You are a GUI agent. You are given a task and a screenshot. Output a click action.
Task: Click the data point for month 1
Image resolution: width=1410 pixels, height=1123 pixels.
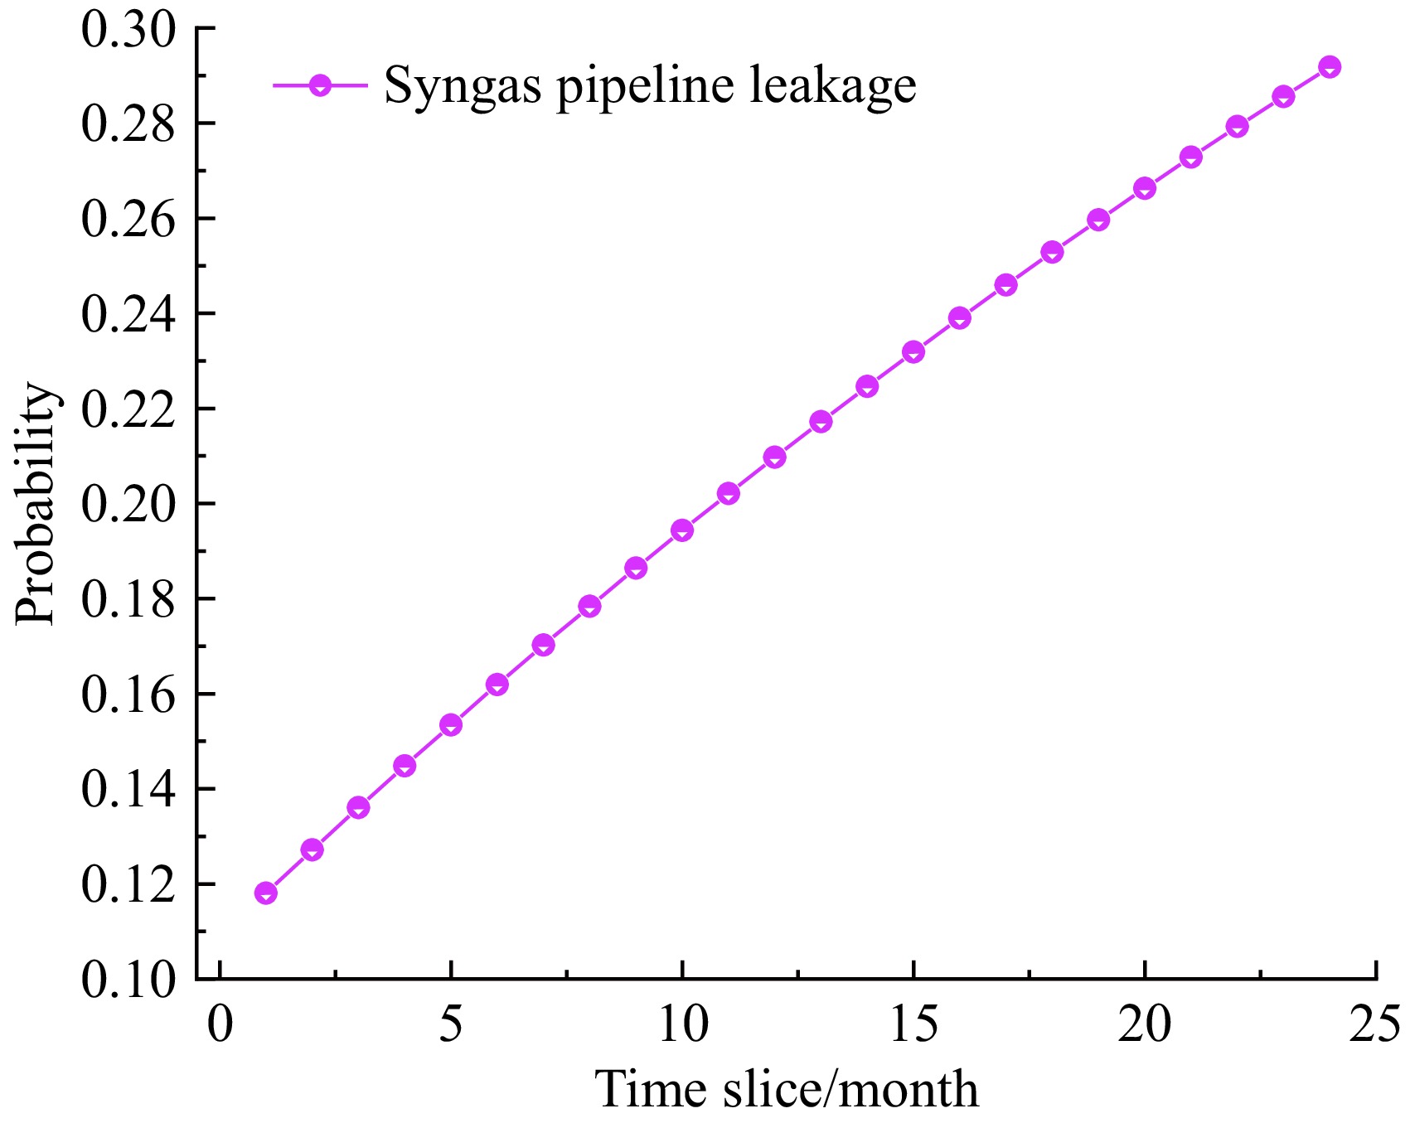click(x=266, y=893)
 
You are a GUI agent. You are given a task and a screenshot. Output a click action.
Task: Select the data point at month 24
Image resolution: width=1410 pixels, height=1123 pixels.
click(x=1330, y=67)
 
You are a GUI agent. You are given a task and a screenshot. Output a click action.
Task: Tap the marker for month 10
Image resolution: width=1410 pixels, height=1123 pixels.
click(x=682, y=530)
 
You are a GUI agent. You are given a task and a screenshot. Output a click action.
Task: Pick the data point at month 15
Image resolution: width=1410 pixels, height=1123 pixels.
click(x=913, y=352)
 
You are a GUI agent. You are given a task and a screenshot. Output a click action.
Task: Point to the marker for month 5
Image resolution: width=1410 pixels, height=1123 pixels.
click(x=451, y=725)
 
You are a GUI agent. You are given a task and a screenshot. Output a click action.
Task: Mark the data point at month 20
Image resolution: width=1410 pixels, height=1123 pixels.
click(x=1145, y=188)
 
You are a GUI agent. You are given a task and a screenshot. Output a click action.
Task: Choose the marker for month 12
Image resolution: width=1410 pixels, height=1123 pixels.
click(x=775, y=457)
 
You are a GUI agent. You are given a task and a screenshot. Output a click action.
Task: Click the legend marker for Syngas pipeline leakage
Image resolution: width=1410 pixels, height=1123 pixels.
click(x=319, y=85)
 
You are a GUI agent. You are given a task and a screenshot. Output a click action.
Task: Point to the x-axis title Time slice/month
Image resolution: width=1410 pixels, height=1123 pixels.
click(x=787, y=1089)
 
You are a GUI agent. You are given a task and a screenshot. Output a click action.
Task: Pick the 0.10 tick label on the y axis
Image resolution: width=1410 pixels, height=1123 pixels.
click(x=129, y=980)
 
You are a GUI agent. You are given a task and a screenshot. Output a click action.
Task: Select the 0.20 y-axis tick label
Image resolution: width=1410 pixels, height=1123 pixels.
click(x=129, y=504)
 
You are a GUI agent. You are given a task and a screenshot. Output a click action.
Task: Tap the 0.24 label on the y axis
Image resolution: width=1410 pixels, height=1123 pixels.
click(x=129, y=314)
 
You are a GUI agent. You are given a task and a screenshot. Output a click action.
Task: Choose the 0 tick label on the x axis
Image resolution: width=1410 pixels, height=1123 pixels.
click(x=220, y=1024)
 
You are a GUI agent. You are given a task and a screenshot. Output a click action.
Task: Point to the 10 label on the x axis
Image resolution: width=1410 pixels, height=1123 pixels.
click(x=682, y=1024)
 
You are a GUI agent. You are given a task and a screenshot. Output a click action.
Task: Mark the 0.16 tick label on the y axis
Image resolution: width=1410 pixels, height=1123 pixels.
click(x=129, y=695)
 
